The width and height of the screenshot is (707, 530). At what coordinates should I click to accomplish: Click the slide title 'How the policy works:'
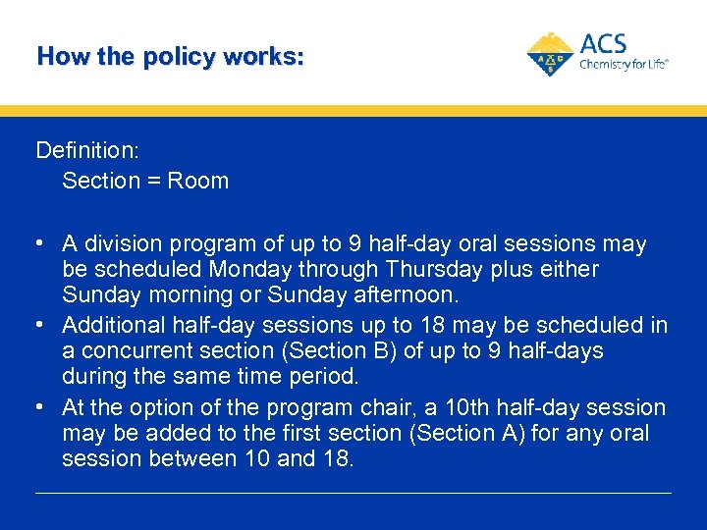pyautogui.click(x=170, y=57)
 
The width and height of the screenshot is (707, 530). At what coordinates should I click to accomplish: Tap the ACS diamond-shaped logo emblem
pyautogui.click(x=551, y=54)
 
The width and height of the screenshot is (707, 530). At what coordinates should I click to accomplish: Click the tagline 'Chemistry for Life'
pyautogui.click(x=624, y=65)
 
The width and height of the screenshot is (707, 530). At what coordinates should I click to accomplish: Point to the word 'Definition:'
pyautogui.click(x=87, y=150)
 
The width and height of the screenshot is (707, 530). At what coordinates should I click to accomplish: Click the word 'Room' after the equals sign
pyautogui.click(x=198, y=181)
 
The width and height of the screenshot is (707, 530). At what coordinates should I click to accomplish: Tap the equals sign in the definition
pyautogui.click(x=154, y=182)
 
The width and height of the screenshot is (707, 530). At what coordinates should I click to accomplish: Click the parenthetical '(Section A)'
pyautogui.click(x=464, y=433)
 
